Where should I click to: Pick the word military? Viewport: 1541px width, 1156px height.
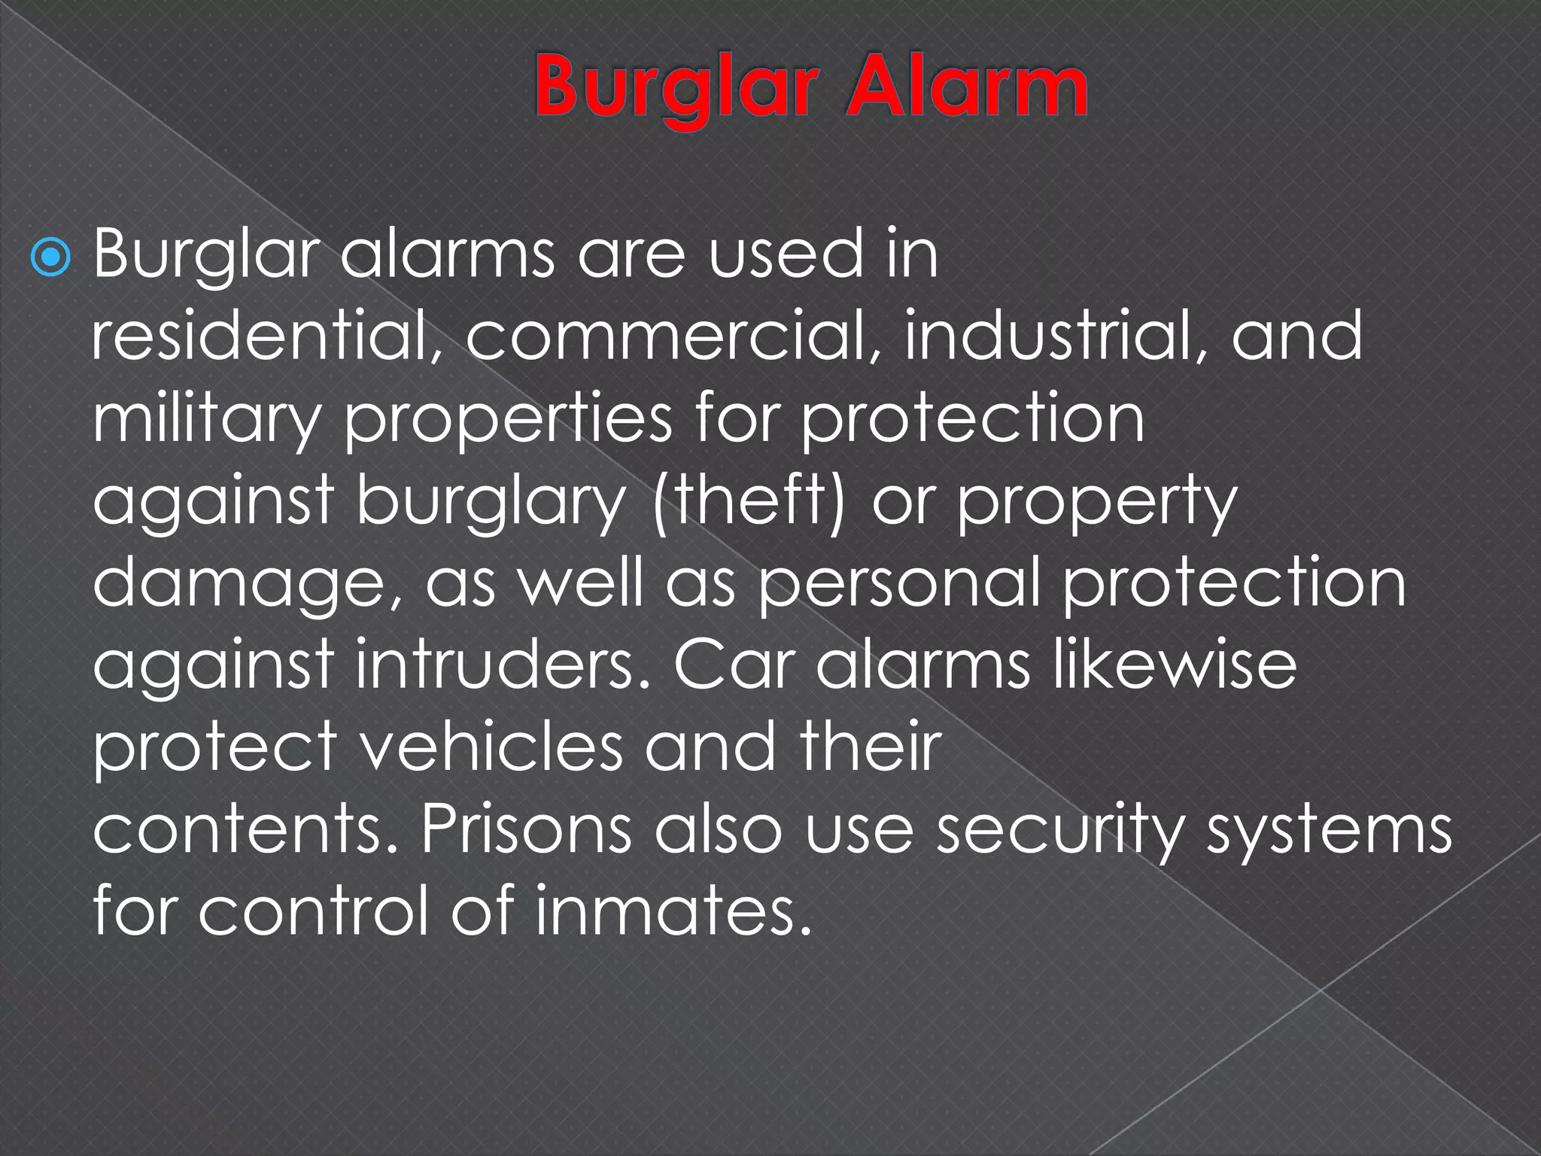(x=207, y=418)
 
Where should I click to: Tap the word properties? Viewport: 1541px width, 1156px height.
(x=508, y=418)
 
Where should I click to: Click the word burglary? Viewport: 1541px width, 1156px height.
(x=490, y=501)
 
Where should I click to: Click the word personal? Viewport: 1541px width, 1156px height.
(x=900, y=584)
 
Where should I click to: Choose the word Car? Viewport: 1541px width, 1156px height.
(x=734, y=665)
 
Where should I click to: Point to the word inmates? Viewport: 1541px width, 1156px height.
(x=673, y=911)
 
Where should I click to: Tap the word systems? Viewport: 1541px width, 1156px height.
(x=1329, y=831)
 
